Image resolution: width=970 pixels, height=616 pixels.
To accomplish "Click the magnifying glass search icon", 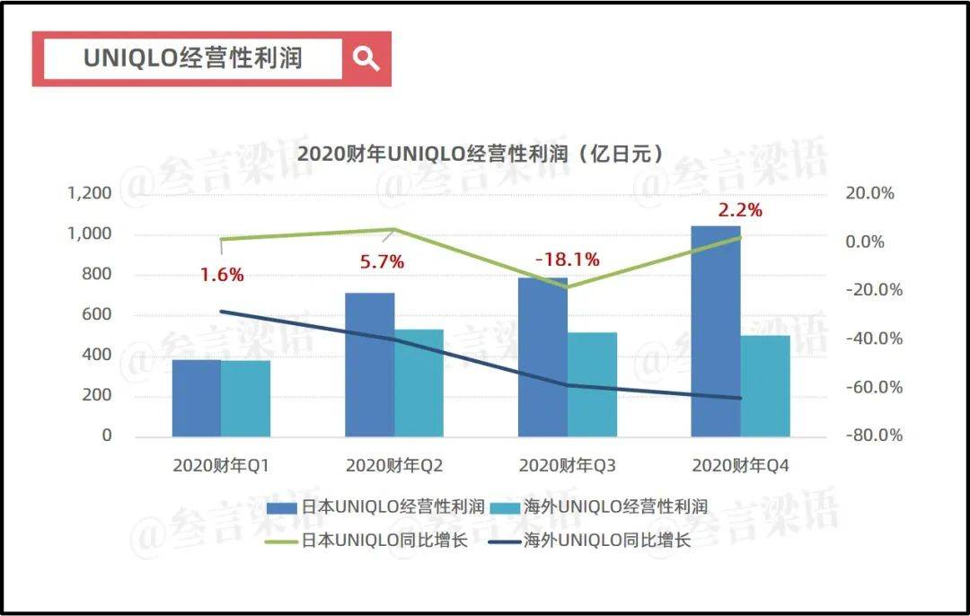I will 366,59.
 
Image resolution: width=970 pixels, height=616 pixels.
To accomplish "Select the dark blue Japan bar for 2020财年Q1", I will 196,398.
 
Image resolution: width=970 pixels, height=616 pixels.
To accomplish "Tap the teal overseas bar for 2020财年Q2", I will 419,383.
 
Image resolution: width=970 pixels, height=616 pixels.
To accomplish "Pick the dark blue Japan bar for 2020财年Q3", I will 542,359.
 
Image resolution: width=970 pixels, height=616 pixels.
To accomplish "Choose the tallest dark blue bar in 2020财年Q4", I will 715,332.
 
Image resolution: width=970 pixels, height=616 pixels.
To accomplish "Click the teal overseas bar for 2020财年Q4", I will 765,386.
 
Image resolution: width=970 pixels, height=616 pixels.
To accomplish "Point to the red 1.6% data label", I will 222,275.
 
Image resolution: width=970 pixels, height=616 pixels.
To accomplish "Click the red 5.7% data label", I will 382,262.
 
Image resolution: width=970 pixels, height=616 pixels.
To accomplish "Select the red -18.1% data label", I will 567,260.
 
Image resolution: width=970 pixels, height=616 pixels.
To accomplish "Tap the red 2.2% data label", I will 740,211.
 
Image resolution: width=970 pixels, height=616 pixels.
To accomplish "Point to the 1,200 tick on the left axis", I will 89,193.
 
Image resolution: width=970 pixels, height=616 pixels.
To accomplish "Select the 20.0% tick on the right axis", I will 871,193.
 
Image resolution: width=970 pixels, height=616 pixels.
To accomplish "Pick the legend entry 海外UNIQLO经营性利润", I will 613,506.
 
